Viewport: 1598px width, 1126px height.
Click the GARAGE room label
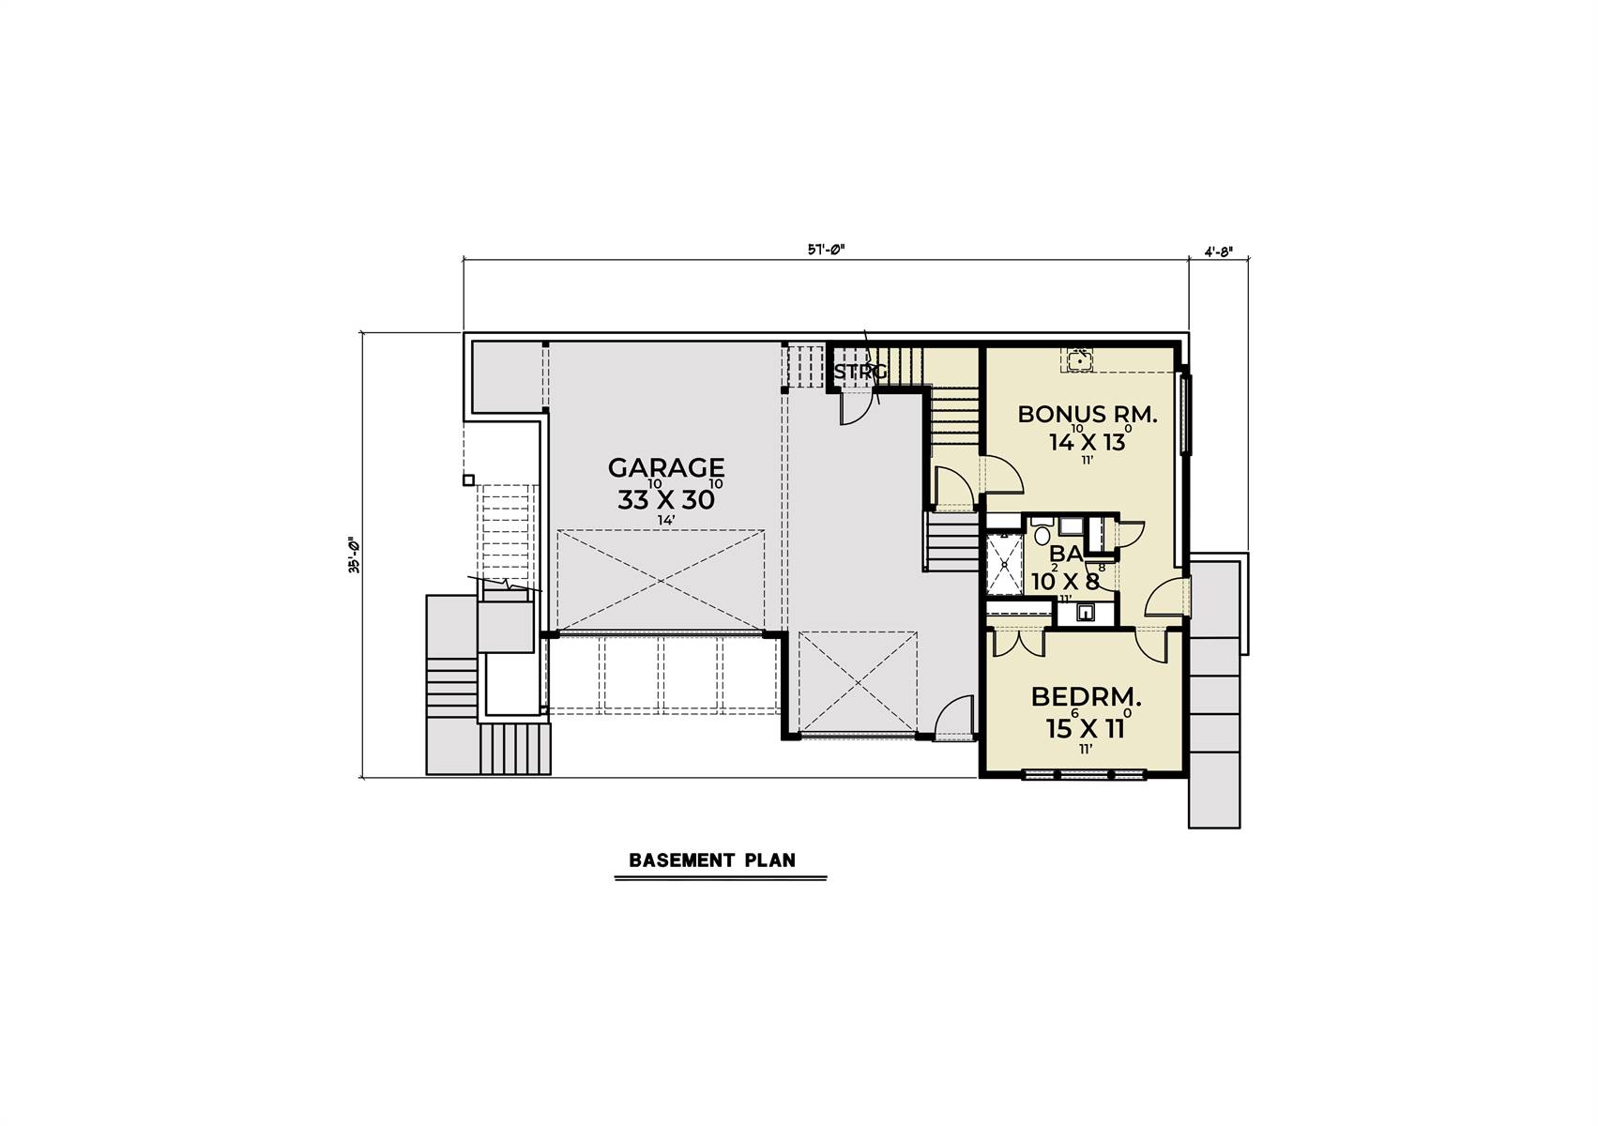(x=665, y=467)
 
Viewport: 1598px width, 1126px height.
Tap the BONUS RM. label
(x=1088, y=414)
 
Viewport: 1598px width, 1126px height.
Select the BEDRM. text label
(x=1086, y=697)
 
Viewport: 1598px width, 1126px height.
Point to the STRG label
(x=860, y=373)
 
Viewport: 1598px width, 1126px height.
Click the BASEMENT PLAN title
(x=712, y=860)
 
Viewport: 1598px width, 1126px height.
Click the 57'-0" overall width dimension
(x=827, y=251)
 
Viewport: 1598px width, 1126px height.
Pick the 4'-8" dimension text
(x=1217, y=251)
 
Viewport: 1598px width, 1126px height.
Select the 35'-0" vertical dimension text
(x=355, y=555)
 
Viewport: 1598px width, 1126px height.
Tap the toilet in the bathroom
(x=1042, y=535)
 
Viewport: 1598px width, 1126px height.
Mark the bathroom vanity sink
(x=1086, y=614)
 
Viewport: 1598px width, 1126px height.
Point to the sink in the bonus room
(x=1078, y=358)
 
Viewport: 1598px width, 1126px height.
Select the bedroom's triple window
(x=1083, y=775)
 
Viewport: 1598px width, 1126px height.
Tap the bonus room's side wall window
(x=1185, y=413)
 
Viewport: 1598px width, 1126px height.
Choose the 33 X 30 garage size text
(x=665, y=500)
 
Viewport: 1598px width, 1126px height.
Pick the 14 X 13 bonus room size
(x=1087, y=442)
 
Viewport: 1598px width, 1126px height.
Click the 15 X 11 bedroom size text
(x=1086, y=728)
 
